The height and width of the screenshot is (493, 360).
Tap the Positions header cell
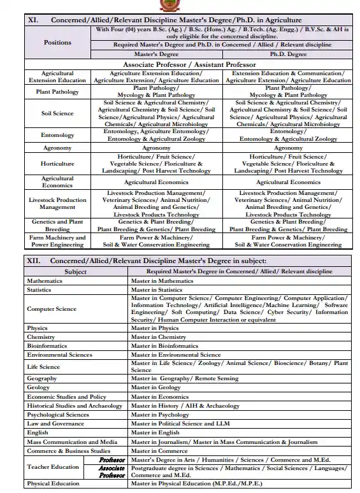pyautogui.click(x=57, y=42)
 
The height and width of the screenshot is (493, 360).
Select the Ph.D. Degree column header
pyautogui.click(x=288, y=55)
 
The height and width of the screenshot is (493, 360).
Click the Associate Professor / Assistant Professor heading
pyautogui.click(x=189, y=64)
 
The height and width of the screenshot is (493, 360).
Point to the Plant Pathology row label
pyautogui.click(x=57, y=92)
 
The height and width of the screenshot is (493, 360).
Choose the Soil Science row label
pyautogui.click(x=57, y=113)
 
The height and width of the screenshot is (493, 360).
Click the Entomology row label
pyautogui.click(x=57, y=135)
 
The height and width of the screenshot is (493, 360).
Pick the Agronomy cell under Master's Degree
pyautogui.click(x=156, y=148)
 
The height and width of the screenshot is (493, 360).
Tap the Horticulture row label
pyautogui.click(x=57, y=164)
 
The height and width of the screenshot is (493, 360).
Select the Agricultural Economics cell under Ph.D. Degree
pyautogui.click(x=288, y=182)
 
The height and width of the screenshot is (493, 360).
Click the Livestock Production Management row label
pyautogui.click(x=57, y=203)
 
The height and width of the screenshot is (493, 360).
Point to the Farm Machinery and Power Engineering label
pyautogui.click(x=57, y=241)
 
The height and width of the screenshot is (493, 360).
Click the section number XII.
pyautogui.click(x=33, y=261)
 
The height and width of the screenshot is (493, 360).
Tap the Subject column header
pyautogui.click(x=76, y=271)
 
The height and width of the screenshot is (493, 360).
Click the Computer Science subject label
pyautogui.click(x=52, y=309)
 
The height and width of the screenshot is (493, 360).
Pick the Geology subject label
pyautogui.click(x=38, y=387)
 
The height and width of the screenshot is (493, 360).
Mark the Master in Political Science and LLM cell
pyautogui.click(x=180, y=424)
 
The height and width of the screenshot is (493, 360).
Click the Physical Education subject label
pyautogui.click(x=53, y=483)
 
